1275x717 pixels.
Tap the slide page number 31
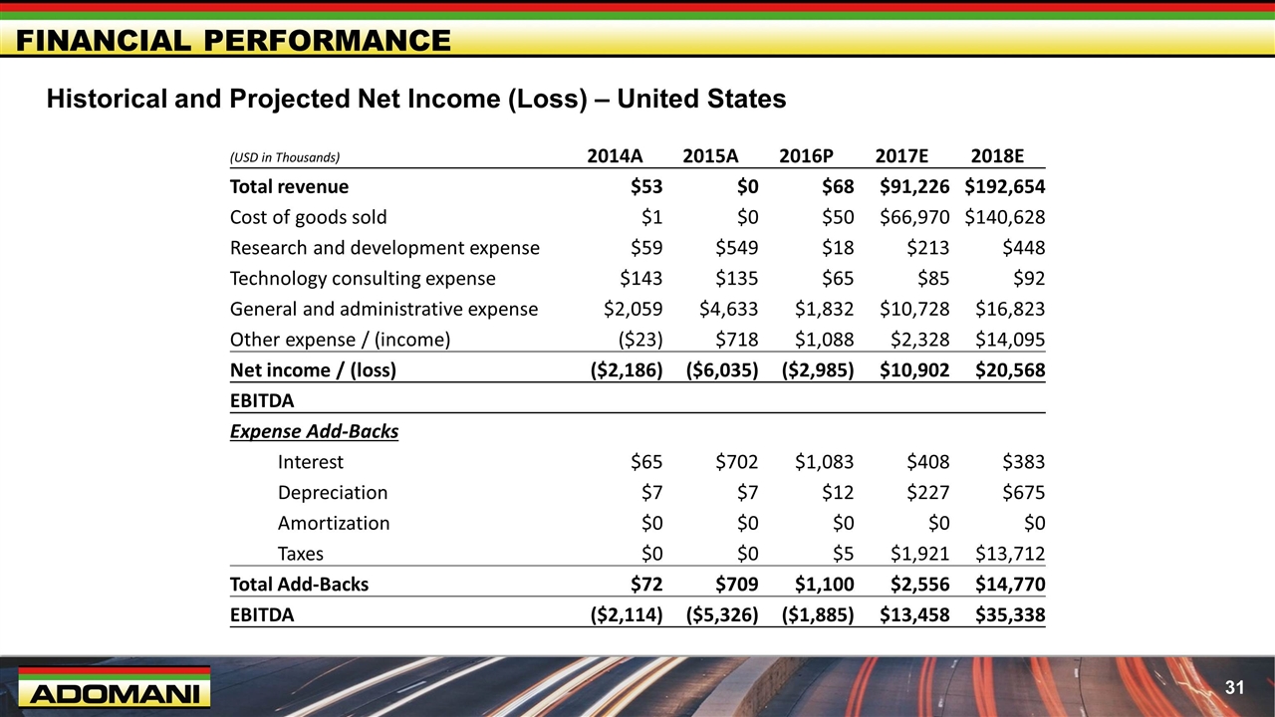pyautogui.click(x=1234, y=687)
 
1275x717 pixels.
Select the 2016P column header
pyautogui.click(x=806, y=156)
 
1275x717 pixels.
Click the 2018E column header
pyautogui.click(x=997, y=156)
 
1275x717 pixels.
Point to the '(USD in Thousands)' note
pyautogui.click(x=285, y=157)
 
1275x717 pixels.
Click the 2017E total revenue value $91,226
pyautogui.click(x=914, y=186)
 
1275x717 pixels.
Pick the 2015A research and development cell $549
pyautogui.click(x=737, y=248)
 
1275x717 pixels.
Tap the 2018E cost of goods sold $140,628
pyautogui.click(x=1005, y=217)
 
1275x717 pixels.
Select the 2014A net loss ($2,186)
pyautogui.click(x=627, y=370)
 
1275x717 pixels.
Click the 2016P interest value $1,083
pyautogui.click(x=824, y=462)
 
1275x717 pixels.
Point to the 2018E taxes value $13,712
pyautogui.click(x=1010, y=554)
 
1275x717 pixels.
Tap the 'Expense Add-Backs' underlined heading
pyautogui.click(x=314, y=431)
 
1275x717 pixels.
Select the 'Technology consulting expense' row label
pyautogui.click(x=363, y=279)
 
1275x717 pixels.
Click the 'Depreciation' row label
pyautogui.click(x=333, y=493)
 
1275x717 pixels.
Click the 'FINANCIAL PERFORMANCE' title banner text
pyautogui.click(x=234, y=41)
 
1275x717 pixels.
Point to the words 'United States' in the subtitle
pyautogui.click(x=701, y=100)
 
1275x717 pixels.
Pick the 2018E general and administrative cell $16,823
pyautogui.click(x=1010, y=309)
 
